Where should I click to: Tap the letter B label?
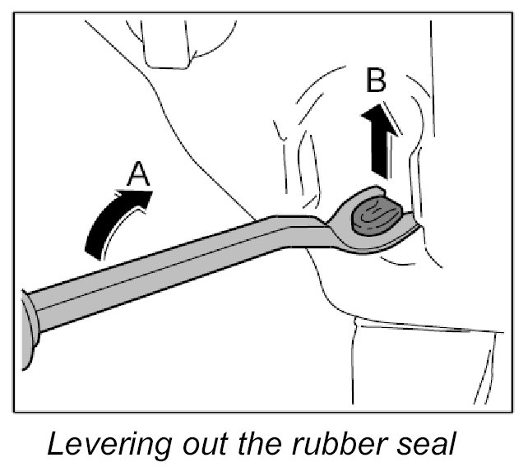pos(377,81)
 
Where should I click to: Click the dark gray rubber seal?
pos(374,216)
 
